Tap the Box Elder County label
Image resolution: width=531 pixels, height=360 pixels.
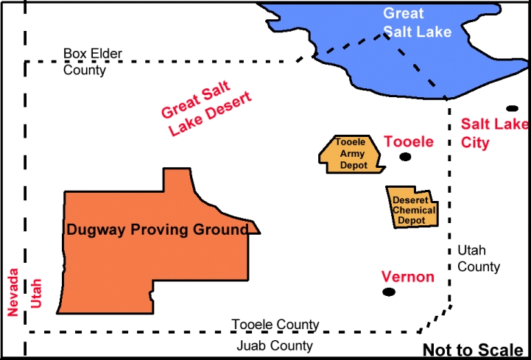point(93,62)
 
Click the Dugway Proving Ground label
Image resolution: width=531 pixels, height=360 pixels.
point(157,230)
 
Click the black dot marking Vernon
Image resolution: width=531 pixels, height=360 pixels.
point(389,292)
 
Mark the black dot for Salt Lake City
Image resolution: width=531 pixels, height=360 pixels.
point(513,108)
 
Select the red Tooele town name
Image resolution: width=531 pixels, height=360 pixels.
point(409,141)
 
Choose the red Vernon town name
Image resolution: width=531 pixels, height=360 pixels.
point(407,277)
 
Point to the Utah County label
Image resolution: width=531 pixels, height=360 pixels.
point(479,258)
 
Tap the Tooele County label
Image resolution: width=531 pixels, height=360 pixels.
point(275,325)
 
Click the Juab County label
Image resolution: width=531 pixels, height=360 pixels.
point(275,345)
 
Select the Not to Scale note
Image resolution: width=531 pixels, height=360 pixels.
point(473,350)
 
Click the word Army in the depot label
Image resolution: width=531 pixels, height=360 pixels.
point(351,155)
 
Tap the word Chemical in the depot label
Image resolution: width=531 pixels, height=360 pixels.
point(414,210)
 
